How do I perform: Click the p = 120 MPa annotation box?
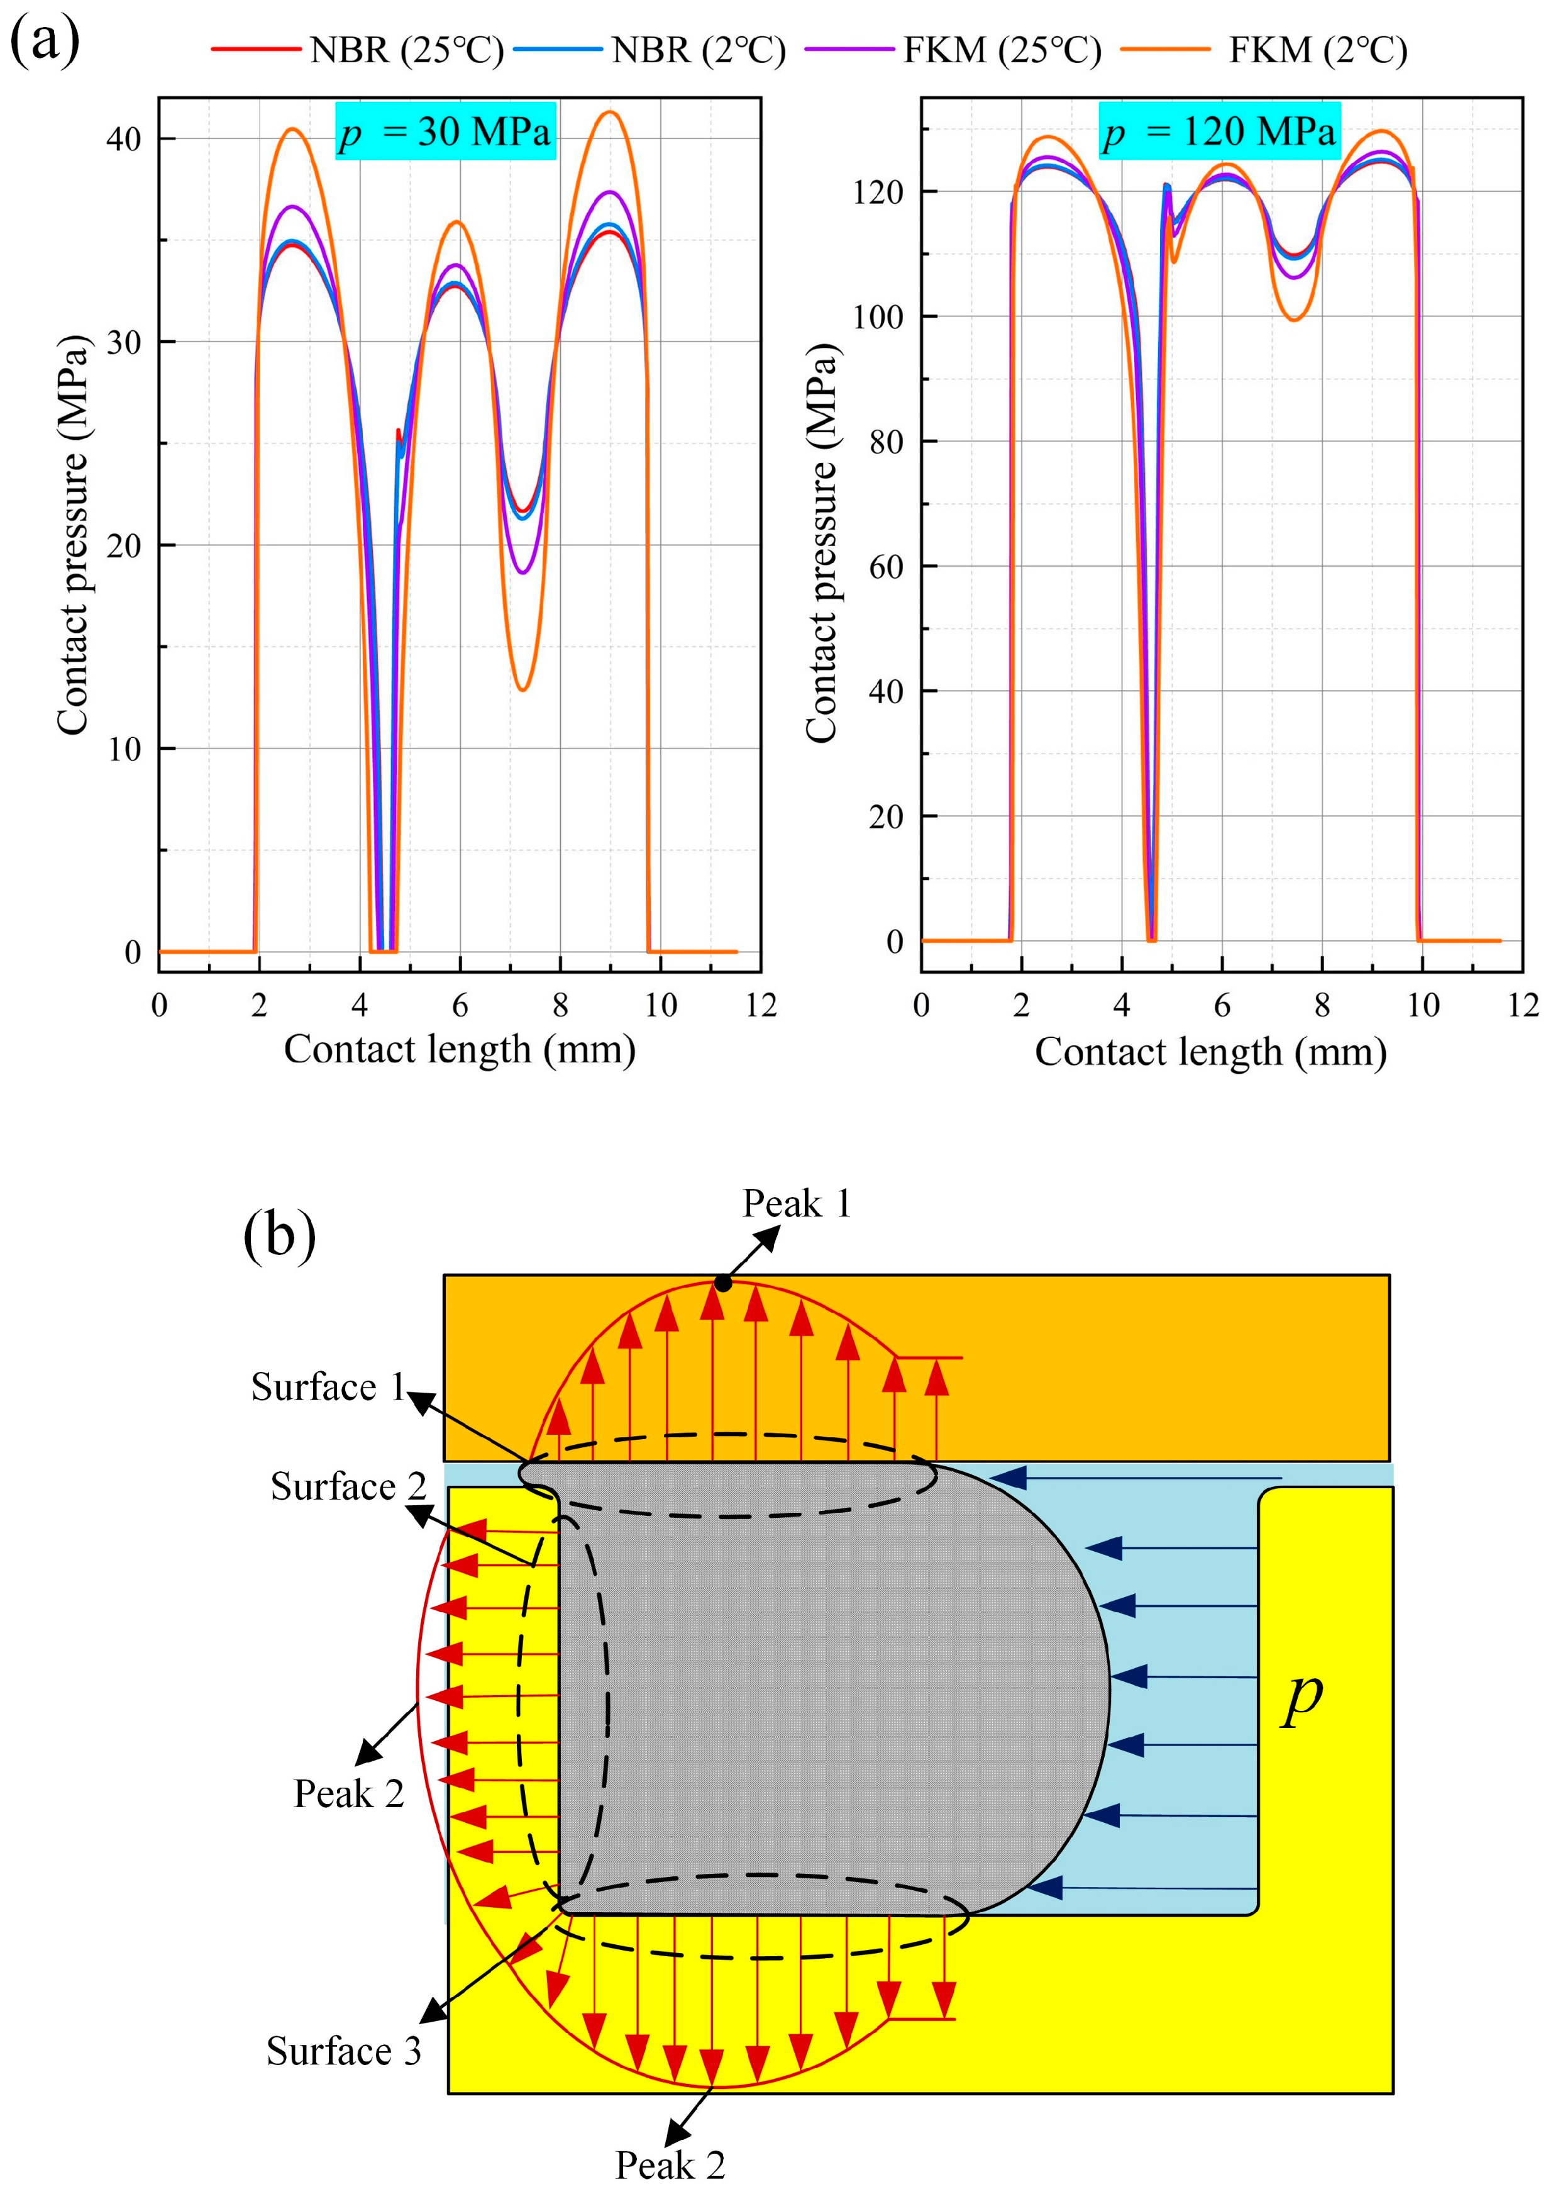[x=1217, y=131]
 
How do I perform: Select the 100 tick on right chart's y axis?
[x=877, y=316]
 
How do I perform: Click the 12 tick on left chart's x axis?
[x=761, y=1005]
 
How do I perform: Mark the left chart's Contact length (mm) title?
[x=460, y=1049]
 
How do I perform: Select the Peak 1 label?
[x=797, y=1204]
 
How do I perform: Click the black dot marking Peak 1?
[x=724, y=1283]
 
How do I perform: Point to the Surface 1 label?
[x=328, y=1387]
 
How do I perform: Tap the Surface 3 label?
[x=343, y=2051]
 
